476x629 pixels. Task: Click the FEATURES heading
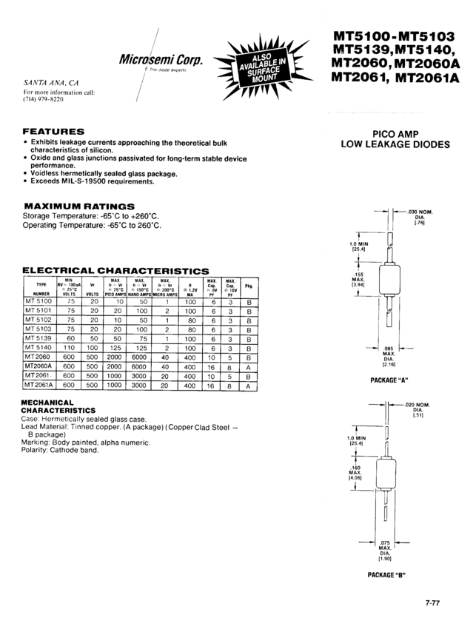point(54,132)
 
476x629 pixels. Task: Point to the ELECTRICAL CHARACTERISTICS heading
point(115,271)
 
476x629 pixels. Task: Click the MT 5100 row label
point(41,302)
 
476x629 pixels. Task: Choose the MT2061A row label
point(41,386)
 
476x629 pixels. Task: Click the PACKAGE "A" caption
point(389,380)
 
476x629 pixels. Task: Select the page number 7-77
point(433,602)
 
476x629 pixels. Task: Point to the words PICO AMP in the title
point(395,134)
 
